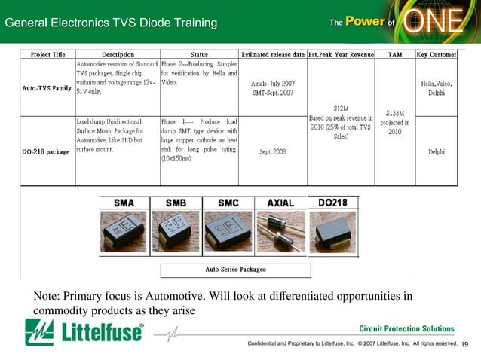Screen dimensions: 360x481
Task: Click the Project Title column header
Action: click(x=47, y=55)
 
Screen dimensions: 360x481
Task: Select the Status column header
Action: click(x=199, y=55)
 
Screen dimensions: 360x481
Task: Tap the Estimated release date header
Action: click(x=273, y=55)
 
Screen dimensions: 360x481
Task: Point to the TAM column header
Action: click(x=394, y=55)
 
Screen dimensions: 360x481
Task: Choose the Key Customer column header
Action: click(x=437, y=55)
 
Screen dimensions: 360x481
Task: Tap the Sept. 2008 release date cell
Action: click(x=273, y=151)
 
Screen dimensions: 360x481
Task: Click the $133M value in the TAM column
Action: click(x=394, y=113)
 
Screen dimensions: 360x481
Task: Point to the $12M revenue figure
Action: click(x=341, y=108)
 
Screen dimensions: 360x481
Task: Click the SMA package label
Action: click(x=124, y=203)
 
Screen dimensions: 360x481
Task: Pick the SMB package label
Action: click(x=176, y=203)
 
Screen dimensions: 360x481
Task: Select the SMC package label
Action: click(x=228, y=203)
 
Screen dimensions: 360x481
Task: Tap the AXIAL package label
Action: click(x=280, y=203)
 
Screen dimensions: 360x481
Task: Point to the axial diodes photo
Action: click(x=280, y=232)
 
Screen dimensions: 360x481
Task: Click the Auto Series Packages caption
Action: click(x=235, y=269)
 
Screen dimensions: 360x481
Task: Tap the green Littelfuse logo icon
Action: click(x=38, y=332)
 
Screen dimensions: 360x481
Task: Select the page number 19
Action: click(x=464, y=344)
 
